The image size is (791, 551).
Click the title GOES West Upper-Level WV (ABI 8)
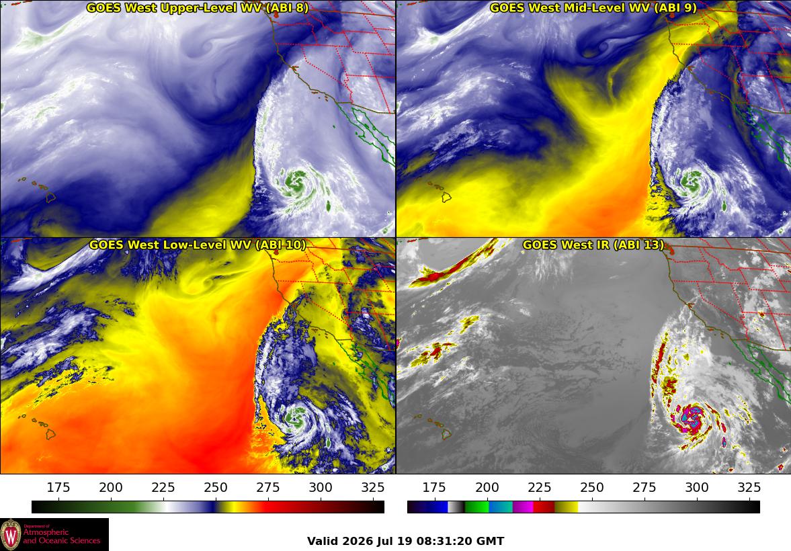197,7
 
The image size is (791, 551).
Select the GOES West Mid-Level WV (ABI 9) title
593,7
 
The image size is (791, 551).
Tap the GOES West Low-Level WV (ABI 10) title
197,245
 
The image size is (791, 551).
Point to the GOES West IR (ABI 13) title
593,245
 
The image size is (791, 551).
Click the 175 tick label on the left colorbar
58,487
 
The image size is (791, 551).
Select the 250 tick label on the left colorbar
216,487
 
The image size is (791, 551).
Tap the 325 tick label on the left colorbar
373,487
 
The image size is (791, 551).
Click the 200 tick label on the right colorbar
487,487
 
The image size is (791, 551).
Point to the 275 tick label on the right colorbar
644,487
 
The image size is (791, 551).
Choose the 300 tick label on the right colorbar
697,487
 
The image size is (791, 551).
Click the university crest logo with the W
11,535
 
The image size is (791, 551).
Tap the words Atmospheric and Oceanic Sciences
62,536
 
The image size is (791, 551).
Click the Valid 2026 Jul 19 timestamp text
406,542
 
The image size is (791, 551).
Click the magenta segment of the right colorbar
523,507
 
